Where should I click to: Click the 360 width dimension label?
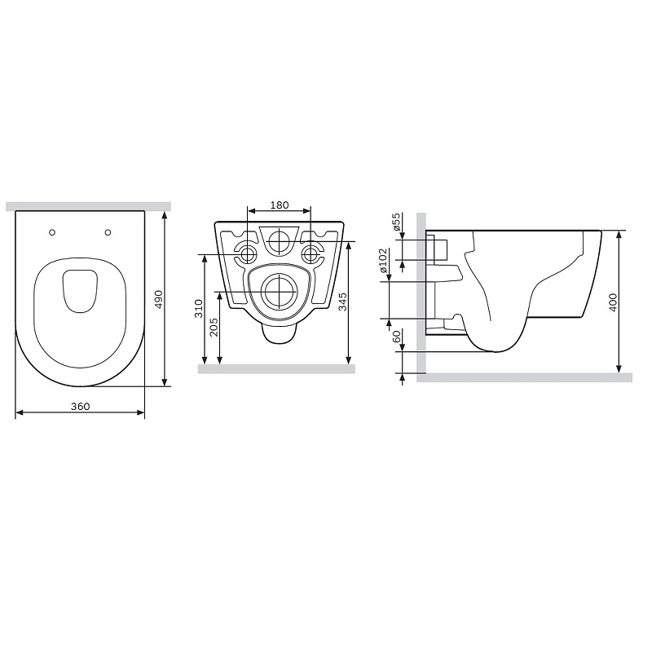point(79,405)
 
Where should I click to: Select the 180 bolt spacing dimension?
point(278,205)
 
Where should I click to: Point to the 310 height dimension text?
point(196,309)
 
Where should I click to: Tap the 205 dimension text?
point(214,327)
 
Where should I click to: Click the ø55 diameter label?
point(396,222)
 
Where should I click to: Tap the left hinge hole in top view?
point(53,231)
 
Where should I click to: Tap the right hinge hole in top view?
point(108,231)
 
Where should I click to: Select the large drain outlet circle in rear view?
point(278,291)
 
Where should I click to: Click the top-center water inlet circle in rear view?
point(278,241)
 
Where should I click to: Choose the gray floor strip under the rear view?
point(277,368)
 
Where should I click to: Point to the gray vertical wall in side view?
point(421,293)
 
